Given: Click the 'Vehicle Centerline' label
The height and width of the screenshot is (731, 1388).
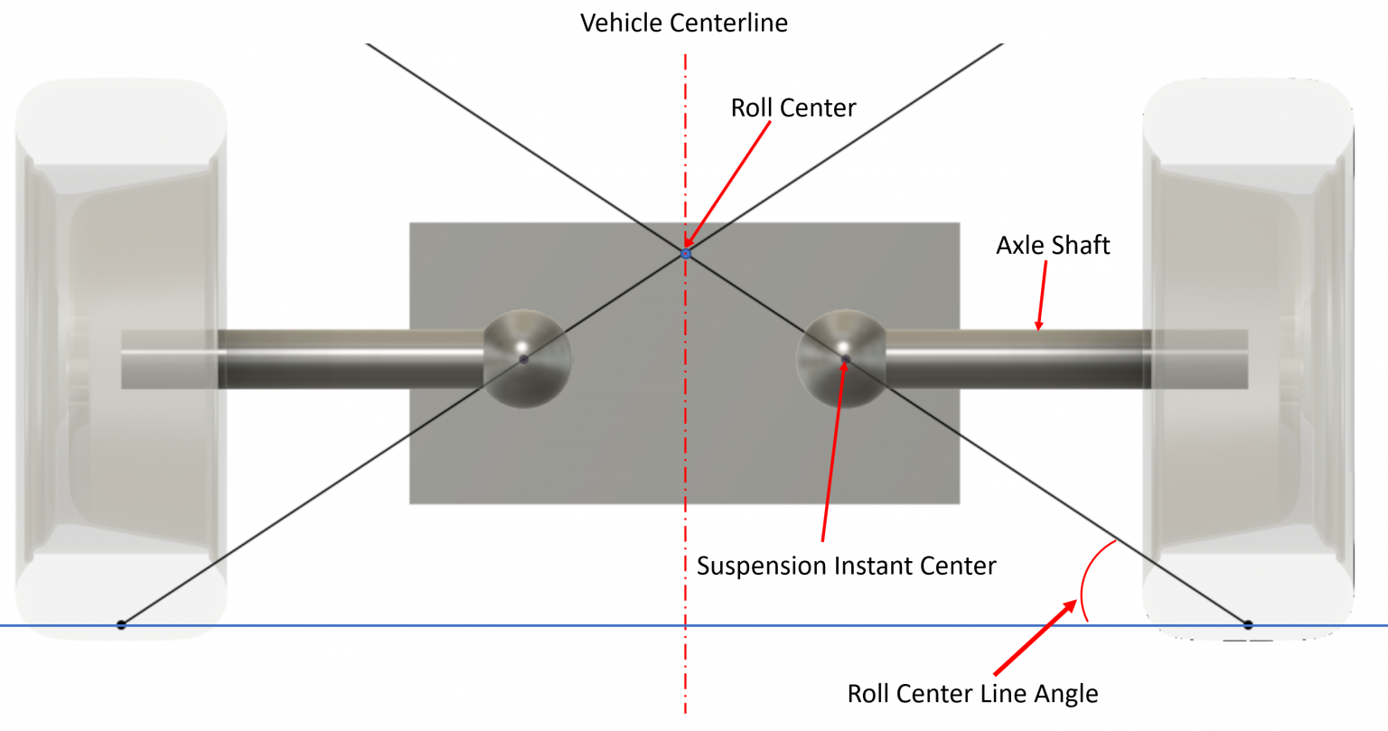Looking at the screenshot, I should pyautogui.click(x=683, y=23).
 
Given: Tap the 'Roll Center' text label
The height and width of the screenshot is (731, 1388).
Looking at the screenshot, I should pyautogui.click(x=792, y=108).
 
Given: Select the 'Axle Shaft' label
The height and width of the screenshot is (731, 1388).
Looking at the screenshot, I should pyautogui.click(x=1052, y=245).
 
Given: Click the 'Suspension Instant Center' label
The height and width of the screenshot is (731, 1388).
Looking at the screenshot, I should pyautogui.click(x=846, y=566).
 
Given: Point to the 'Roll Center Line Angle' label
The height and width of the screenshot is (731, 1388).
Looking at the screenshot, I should pyautogui.click(x=972, y=694).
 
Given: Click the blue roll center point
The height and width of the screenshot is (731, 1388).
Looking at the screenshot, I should pyautogui.click(x=686, y=254).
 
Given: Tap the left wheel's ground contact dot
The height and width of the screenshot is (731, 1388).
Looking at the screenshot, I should pyautogui.click(x=121, y=624).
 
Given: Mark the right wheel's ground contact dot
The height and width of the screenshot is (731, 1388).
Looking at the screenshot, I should pyautogui.click(x=1248, y=624).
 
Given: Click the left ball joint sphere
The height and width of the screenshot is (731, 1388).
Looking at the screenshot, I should pyautogui.click(x=527, y=359).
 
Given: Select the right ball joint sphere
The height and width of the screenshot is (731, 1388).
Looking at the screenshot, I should pyautogui.click(x=841, y=359).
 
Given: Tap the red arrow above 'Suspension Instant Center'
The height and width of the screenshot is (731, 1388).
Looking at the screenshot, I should pyautogui.click(x=833, y=452).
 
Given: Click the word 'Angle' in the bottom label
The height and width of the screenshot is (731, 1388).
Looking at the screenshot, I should pyautogui.click(x=1066, y=694).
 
